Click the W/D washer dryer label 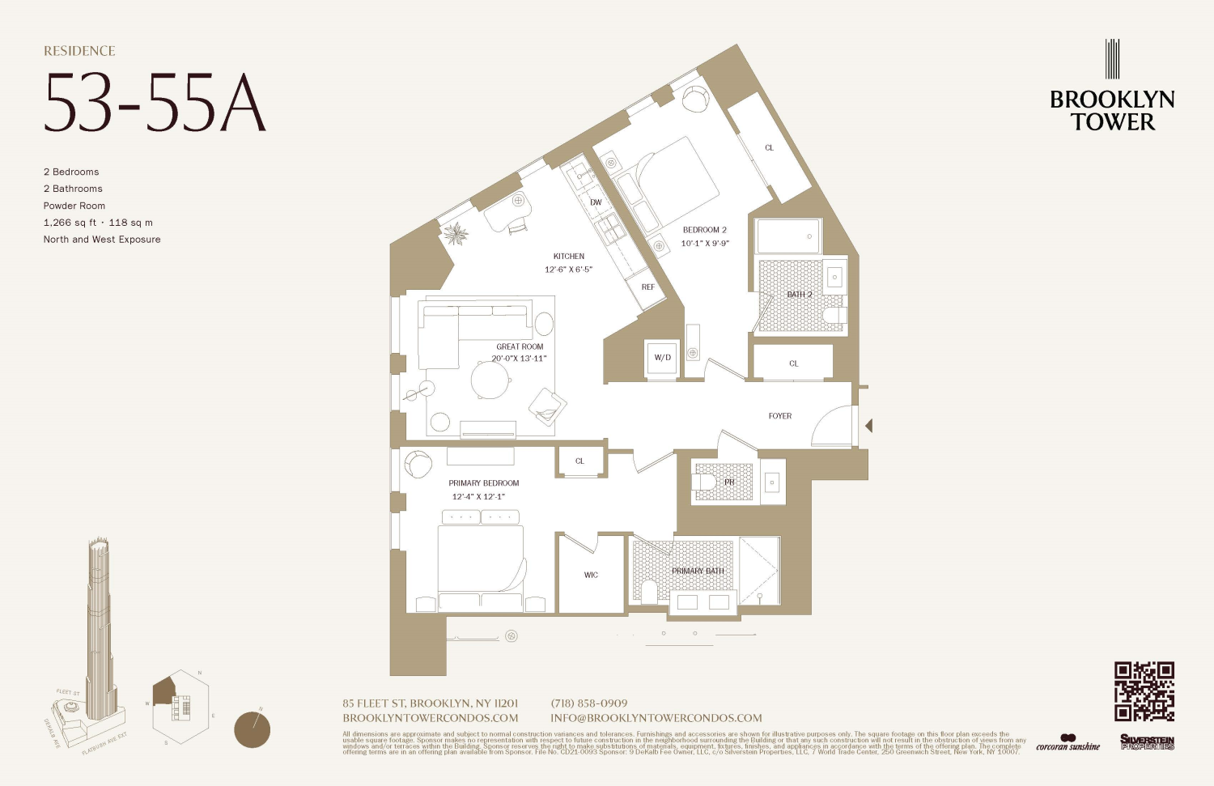[x=662, y=357]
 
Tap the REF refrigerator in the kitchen [x=647, y=287]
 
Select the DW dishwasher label [x=596, y=202]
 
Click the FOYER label [x=779, y=416]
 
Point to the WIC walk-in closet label [x=591, y=576]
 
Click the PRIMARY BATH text [x=697, y=571]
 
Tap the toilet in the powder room [x=703, y=483]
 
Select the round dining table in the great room [x=490, y=380]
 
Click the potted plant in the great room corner [x=455, y=235]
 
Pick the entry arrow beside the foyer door [x=868, y=426]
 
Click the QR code [x=1144, y=690]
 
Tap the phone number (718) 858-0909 [x=588, y=703]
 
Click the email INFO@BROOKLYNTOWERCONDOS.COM [x=656, y=718]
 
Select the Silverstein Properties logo [x=1147, y=742]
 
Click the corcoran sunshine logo [x=1068, y=743]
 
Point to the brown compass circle [x=252, y=729]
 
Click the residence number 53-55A [x=155, y=104]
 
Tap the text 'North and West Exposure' [x=102, y=240]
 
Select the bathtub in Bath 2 [x=787, y=236]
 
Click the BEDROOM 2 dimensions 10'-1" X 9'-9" [x=704, y=243]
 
